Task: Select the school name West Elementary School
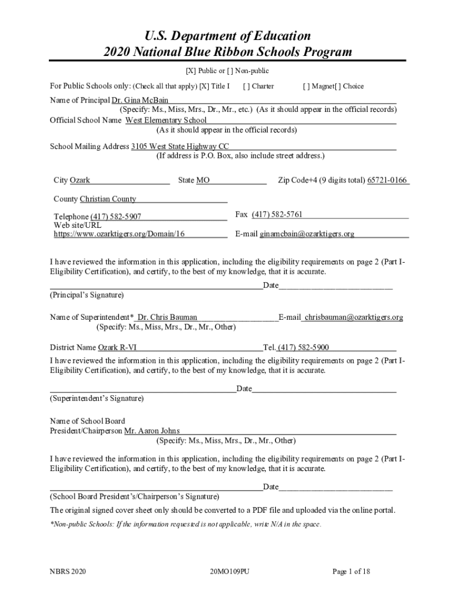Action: [x=166, y=120]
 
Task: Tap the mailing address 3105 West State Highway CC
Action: [x=180, y=146]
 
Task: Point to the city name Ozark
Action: [x=80, y=180]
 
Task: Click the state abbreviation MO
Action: [x=203, y=180]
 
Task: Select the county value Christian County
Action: [x=108, y=199]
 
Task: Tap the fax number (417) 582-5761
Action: [x=277, y=214]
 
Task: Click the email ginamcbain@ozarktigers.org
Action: [x=307, y=234]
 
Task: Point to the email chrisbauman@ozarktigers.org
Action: [x=354, y=317]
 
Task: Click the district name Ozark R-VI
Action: [x=117, y=347]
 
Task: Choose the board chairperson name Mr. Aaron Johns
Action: [x=152, y=431]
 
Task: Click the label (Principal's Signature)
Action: [x=86, y=294]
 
